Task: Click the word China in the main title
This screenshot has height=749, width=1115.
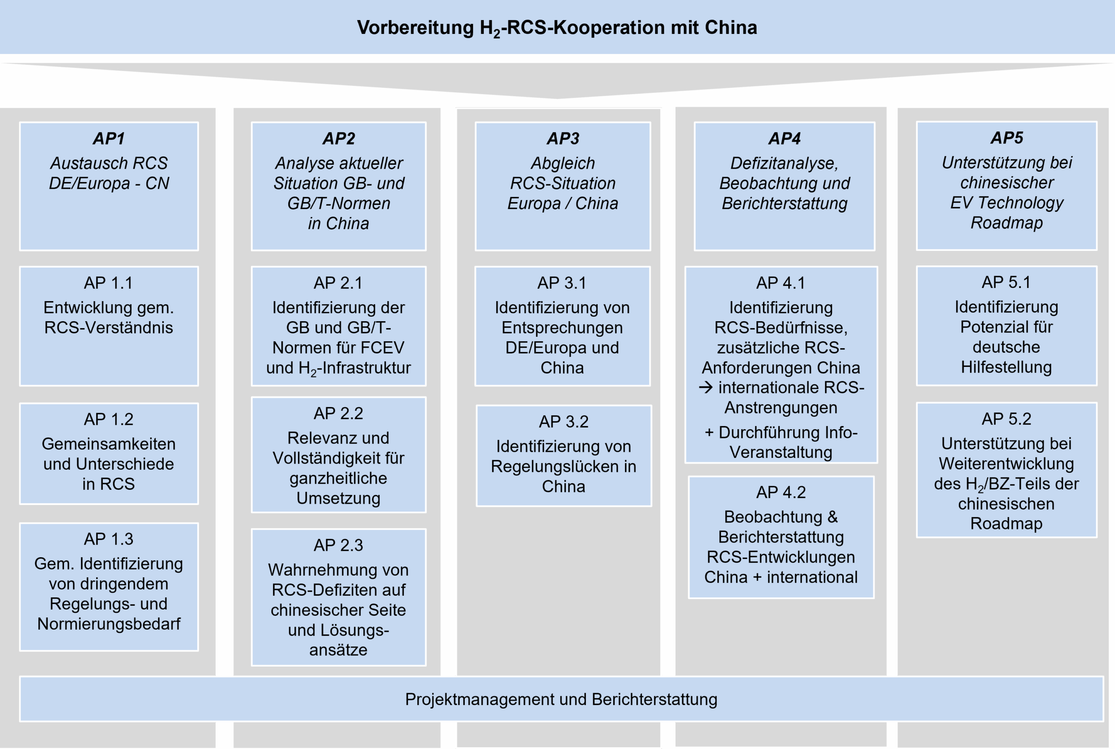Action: click(x=730, y=28)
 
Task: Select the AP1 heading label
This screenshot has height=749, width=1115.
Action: click(x=109, y=139)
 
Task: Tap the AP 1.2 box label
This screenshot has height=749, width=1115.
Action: click(x=109, y=420)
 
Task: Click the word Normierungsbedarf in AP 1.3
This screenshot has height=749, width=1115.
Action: click(x=109, y=624)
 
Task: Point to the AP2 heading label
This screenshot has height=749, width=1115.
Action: click(x=338, y=139)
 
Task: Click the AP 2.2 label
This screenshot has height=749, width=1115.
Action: click(x=338, y=413)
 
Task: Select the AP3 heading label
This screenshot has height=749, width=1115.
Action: click(x=563, y=139)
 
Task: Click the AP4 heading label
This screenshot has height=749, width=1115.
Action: click(x=784, y=139)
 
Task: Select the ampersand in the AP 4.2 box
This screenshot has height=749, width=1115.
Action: click(x=832, y=517)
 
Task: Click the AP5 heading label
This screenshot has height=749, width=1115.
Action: click(x=1007, y=138)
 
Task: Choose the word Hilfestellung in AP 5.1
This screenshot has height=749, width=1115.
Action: click(x=1006, y=367)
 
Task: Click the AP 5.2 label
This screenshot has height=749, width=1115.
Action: click(x=1006, y=419)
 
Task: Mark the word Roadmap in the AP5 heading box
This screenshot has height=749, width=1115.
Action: click(x=1007, y=223)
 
